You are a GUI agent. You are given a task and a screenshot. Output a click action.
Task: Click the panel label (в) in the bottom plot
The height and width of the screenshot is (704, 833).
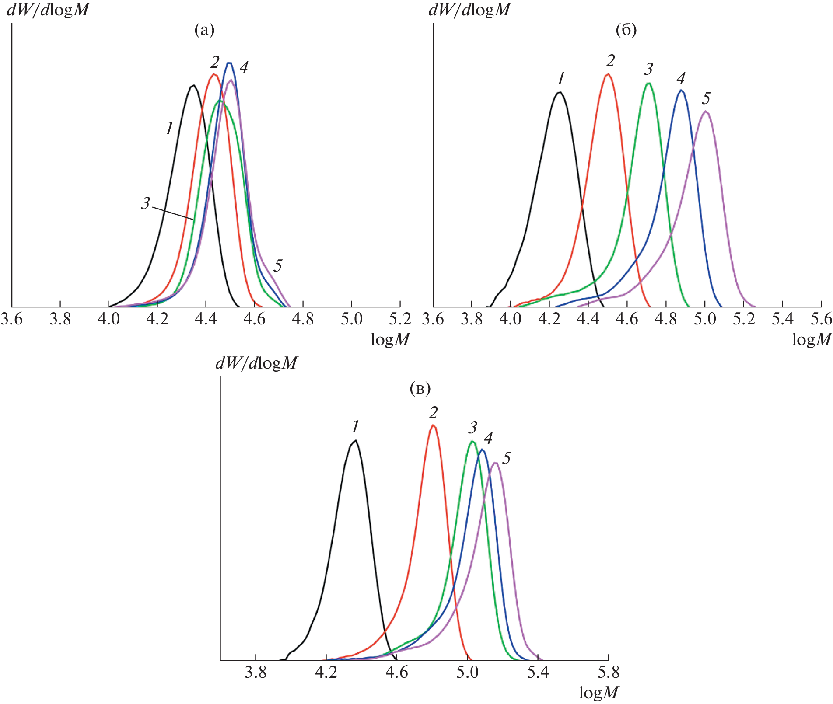pos(420,388)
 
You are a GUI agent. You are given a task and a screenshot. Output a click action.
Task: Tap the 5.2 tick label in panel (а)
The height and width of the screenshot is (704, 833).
pos(400,319)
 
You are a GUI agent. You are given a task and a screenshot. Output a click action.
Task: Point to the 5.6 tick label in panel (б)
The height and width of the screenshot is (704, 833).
pos(821,319)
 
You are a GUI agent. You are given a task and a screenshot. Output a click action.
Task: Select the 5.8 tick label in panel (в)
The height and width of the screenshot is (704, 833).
pos(608,673)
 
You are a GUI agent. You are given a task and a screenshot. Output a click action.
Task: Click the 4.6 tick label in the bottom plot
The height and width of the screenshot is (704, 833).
pos(397,673)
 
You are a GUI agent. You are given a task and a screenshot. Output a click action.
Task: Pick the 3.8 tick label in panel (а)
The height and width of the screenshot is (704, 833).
pos(60,319)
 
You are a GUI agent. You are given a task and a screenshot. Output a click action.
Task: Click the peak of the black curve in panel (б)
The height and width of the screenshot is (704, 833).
pos(559,92)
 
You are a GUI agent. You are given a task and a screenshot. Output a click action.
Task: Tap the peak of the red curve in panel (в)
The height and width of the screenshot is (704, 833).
pos(433,425)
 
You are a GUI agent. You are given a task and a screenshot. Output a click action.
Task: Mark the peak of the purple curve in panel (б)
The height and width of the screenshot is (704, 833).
pos(705,112)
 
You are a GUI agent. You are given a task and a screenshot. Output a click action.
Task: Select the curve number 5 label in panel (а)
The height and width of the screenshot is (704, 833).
pos(278,265)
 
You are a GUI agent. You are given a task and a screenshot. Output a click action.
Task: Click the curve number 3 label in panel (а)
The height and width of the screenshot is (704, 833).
pos(146,203)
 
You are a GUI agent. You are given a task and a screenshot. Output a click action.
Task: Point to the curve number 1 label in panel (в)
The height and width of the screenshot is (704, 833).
pos(355,427)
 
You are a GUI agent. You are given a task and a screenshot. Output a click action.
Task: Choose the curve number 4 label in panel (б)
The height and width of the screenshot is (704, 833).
pos(680,79)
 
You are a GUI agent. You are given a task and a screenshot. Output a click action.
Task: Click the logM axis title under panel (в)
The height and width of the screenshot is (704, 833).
pos(598,693)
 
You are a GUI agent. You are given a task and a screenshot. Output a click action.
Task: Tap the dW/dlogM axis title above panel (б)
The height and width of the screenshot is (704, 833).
pos(469,10)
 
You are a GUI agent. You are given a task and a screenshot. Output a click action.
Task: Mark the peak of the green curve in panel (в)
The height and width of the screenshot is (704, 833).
pos(472,441)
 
